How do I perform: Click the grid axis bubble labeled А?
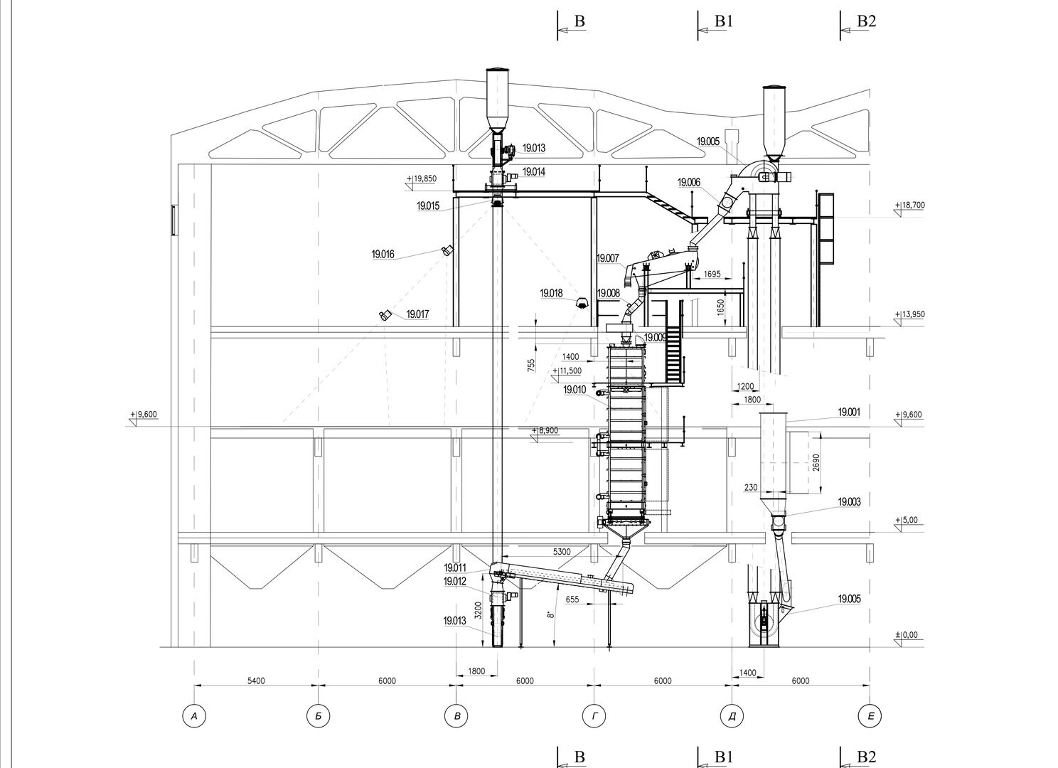click(194, 716)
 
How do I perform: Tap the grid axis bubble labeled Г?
click(594, 716)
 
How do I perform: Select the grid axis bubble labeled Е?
click(870, 716)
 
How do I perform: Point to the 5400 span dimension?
click(256, 681)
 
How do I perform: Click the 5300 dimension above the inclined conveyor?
click(562, 552)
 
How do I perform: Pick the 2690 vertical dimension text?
click(817, 463)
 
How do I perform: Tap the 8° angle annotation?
click(550, 615)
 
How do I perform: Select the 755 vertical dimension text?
click(531, 365)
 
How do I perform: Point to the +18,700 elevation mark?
click(909, 206)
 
